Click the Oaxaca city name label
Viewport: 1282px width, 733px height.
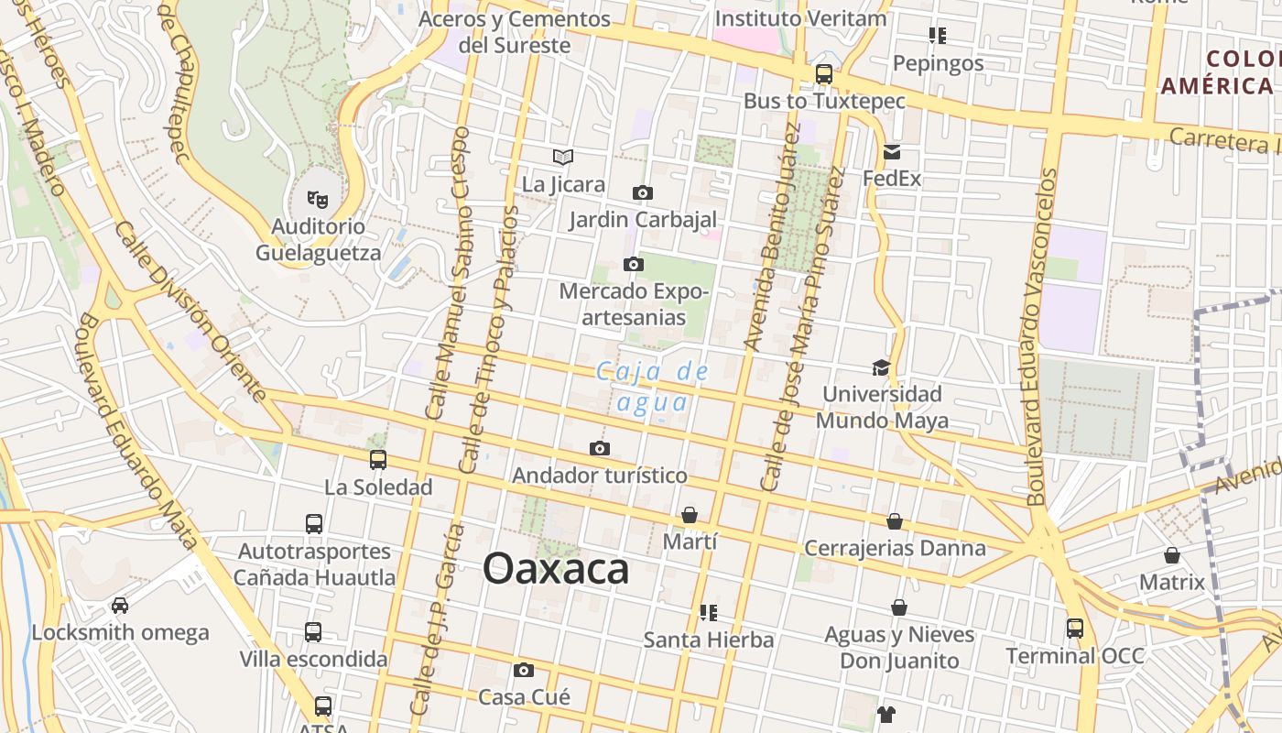556,569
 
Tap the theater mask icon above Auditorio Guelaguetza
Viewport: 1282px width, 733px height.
318,198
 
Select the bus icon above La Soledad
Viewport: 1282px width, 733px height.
378,460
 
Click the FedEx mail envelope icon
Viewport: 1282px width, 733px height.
892,151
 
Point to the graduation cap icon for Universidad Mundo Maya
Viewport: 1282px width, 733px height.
881,367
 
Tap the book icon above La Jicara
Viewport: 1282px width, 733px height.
562,158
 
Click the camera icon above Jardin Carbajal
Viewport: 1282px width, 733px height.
643,192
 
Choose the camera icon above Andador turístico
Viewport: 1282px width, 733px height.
600,448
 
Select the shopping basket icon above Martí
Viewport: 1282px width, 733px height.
690,515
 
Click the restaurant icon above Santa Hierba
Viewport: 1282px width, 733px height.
708,612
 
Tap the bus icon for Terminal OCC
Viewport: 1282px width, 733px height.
1075,629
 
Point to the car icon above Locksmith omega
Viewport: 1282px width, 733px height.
120,605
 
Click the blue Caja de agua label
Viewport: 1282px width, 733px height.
653,387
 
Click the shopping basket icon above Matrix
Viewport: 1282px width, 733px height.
1172,555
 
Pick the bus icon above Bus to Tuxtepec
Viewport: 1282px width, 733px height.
824,74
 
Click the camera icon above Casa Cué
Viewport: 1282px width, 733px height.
524,670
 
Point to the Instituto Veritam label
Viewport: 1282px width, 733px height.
800,18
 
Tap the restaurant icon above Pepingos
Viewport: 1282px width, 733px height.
937,36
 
